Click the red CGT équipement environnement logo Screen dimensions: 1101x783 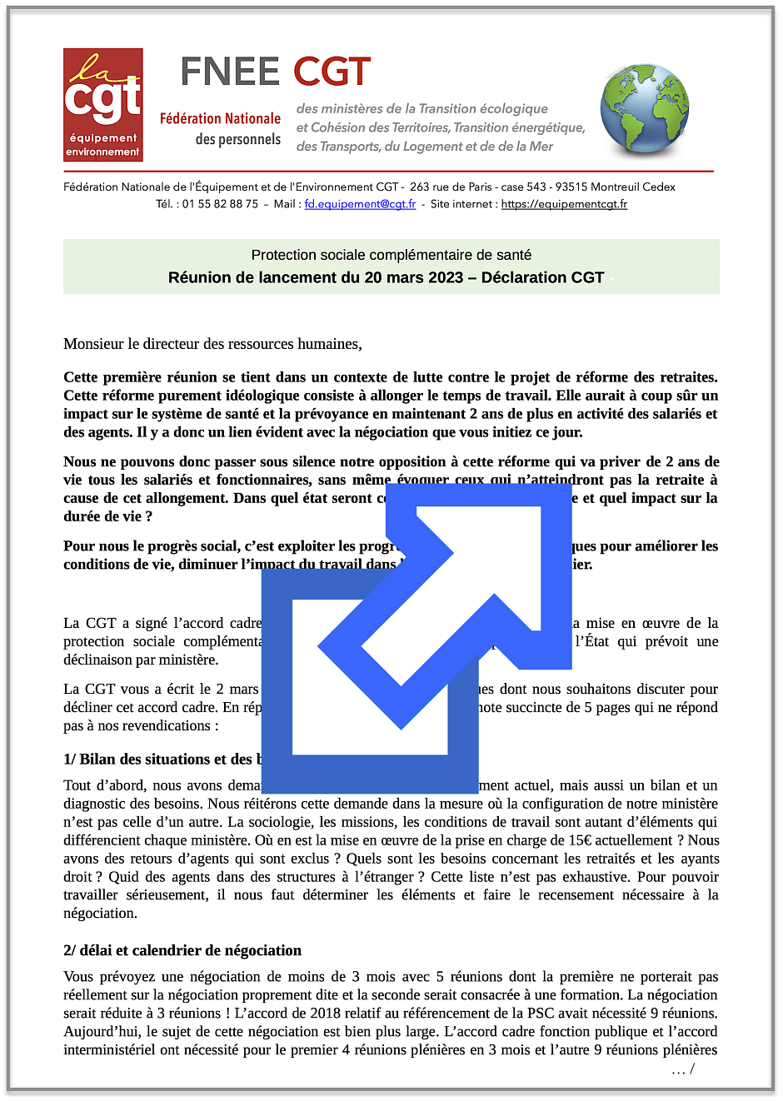pyautogui.click(x=103, y=105)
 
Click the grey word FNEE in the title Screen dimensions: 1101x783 pyautogui.click(x=230, y=72)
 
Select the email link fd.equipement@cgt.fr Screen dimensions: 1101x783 pyautogui.click(x=360, y=204)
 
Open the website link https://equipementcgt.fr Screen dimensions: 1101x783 pyautogui.click(x=564, y=204)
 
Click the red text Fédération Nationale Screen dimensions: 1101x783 pyautogui.click(x=220, y=119)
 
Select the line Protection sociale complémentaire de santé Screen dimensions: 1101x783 pyautogui.click(x=391, y=255)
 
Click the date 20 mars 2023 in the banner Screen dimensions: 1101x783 pyautogui.click(x=402, y=277)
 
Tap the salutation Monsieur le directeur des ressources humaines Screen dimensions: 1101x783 pyautogui.click(x=212, y=344)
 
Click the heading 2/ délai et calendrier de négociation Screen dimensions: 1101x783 pyautogui.click(x=182, y=950)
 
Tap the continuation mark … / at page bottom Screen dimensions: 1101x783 pyautogui.click(x=682, y=1070)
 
